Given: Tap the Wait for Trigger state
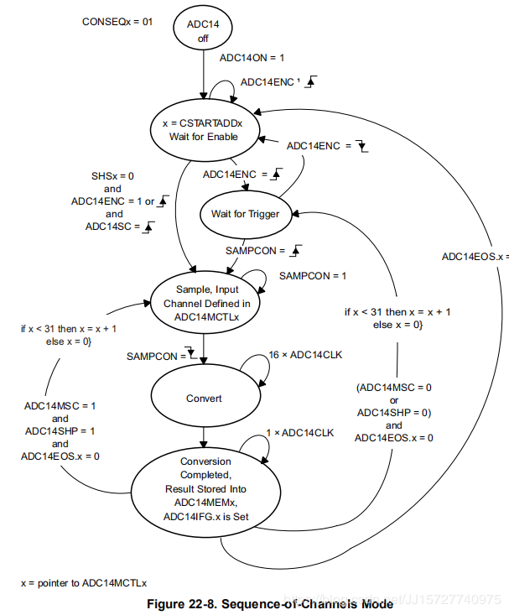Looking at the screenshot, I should pos(244,213).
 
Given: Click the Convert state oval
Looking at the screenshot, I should pos(203,399).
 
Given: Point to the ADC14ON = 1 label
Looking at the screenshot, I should pos(252,59).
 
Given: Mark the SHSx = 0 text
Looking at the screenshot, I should pos(112,175).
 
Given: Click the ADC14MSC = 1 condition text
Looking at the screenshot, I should pos(60,405).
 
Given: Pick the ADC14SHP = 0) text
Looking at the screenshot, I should pos(394,412).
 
